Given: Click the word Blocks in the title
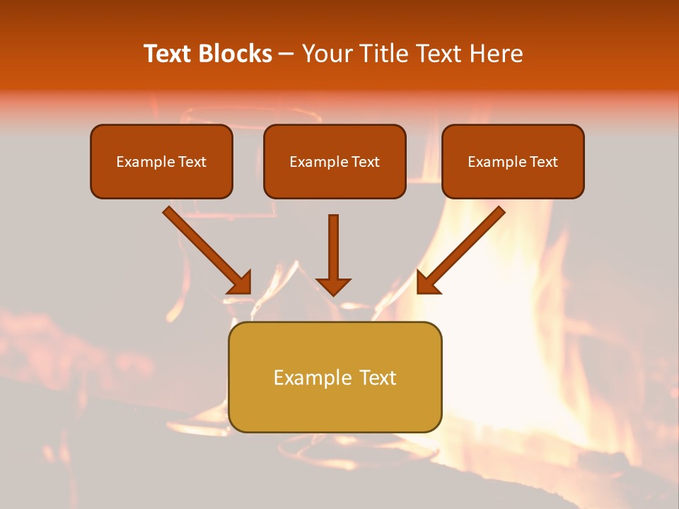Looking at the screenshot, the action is pyautogui.click(x=235, y=53).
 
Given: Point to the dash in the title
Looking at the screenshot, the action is pyautogui.click(x=286, y=54).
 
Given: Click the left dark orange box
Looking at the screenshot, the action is pyautogui.click(x=161, y=161).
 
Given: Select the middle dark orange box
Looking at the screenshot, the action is pyautogui.click(x=335, y=161).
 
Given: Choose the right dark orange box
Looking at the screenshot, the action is pyautogui.click(x=513, y=161).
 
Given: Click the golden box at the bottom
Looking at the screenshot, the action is pyautogui.click(x=335, y=377).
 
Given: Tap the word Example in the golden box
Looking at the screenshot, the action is pyautogui.click(x=308, y=378).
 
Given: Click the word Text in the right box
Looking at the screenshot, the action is pyautogui.click(x=543, y=161).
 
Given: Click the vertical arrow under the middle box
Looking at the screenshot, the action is pyautogui.click(x=333, y=255).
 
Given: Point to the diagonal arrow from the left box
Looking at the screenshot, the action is pyautogui.click(x=207, y=250).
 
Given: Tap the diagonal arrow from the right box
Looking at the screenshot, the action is pyautogui.click(x=461, y=250).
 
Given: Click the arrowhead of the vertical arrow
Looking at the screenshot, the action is pyautogui.click(x=333, y=286).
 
